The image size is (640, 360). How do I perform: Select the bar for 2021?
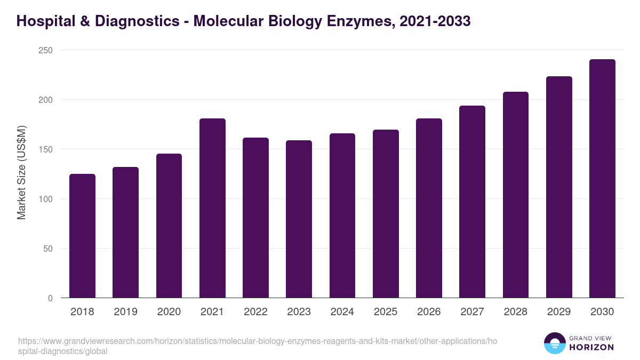212,208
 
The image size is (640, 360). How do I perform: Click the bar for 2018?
82,236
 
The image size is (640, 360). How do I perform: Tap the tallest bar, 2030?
602,179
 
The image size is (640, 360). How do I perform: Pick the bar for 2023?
299,219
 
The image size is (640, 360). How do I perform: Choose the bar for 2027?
472,202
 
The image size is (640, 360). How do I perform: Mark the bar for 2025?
386,214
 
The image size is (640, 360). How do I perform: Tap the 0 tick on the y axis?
50,298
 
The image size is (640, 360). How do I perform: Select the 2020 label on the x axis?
169,312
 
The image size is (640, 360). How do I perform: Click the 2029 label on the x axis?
559,312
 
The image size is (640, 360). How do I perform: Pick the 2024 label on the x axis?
342,312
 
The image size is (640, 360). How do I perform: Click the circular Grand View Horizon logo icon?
554,343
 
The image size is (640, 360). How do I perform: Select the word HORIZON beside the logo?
591,347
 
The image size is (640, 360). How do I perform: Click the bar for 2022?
255,218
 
